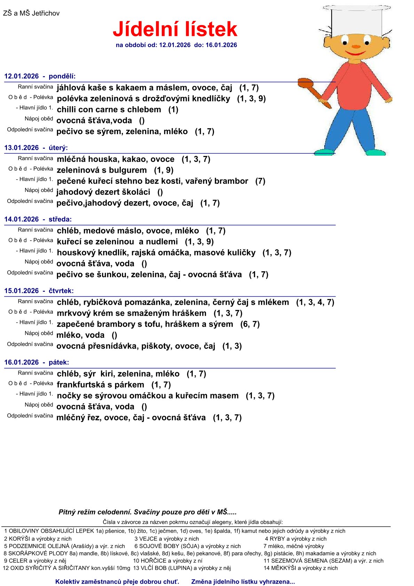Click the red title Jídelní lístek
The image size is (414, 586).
(x=175, y=29)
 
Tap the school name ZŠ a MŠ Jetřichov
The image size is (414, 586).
(x=31, y=13)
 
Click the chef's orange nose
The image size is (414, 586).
(x=356, y=46)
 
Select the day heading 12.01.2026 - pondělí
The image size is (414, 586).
(x=40, y=76)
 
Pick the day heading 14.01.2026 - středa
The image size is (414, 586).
(x=38, y=219)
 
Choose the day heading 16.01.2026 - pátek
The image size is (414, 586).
(x=37, y=362)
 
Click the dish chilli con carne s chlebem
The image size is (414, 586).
(x=109, y=110)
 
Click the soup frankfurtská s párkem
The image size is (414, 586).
(x=100, y=385)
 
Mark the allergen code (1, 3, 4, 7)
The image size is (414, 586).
(x=315, y=302)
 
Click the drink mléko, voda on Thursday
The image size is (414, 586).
(x=80, y=335)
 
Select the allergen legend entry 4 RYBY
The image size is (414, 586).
(x=296, y=539)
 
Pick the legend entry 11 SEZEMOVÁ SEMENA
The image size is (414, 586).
(x=323, y=561)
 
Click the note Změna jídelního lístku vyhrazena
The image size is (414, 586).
(x=243, y=581)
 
